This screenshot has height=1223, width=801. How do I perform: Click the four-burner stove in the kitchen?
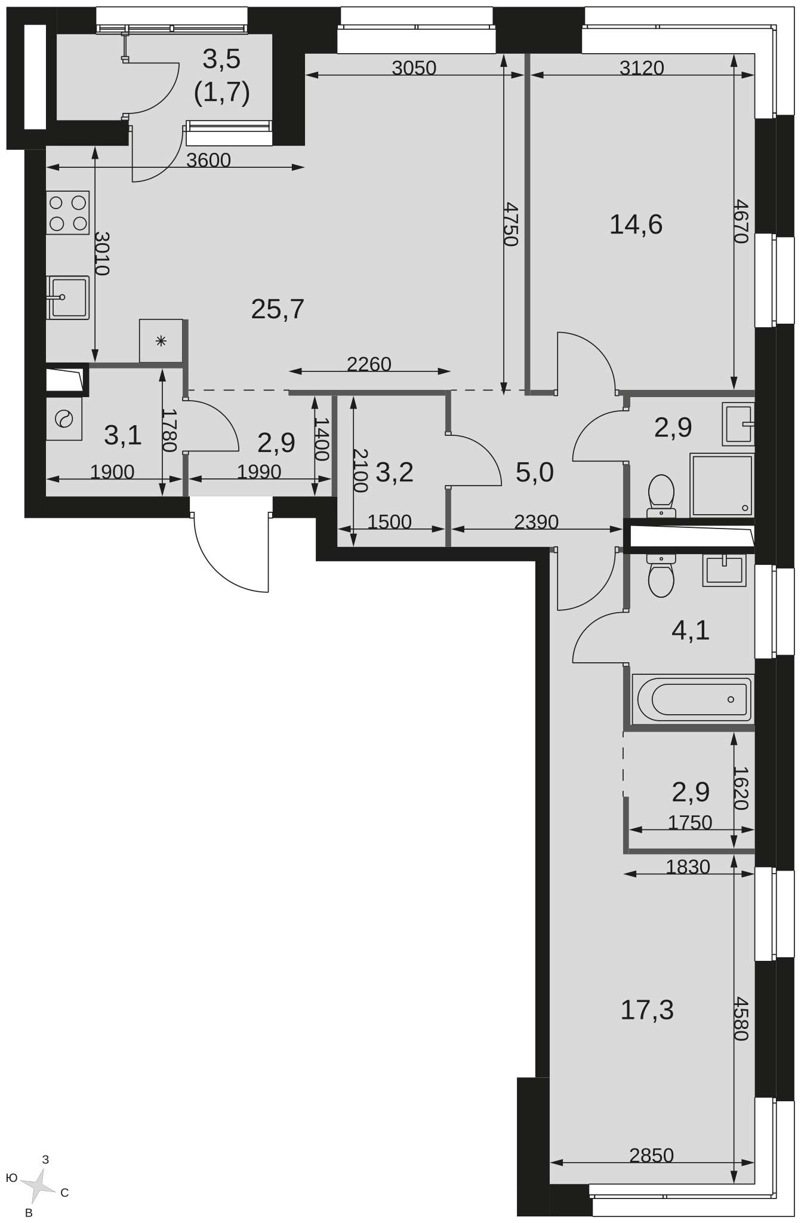point(68,213)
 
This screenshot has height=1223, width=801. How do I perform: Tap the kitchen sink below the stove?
point(68,297)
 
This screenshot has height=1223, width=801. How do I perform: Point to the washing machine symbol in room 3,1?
point(64,419)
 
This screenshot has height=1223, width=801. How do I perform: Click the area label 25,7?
point(278,309)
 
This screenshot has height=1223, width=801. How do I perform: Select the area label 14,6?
point(636,225)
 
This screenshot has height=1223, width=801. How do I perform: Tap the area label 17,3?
point(647,1010)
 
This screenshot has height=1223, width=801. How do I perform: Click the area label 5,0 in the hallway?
point(535,472)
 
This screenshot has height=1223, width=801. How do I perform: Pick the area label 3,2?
point(395,472)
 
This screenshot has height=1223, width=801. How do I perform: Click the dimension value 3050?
point(414,68)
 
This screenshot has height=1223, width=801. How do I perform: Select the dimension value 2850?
point(652,1156)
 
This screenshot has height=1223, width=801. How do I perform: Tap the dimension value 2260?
point(369,364)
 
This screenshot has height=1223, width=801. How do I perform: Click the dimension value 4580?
point(741,1018)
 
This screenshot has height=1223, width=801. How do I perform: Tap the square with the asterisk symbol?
point(161,341)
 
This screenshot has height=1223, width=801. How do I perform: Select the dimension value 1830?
point(688,866)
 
